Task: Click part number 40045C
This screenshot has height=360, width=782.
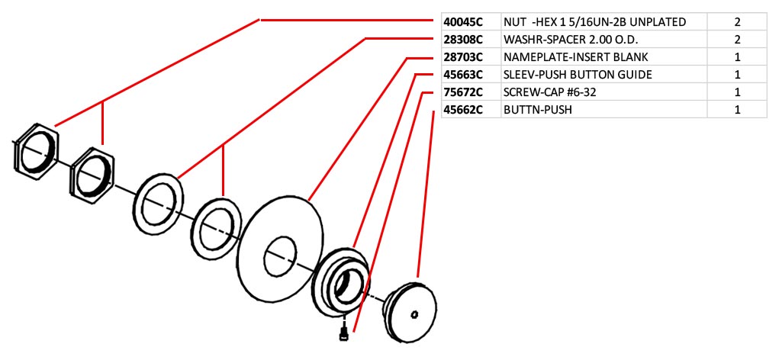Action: [x=463, y=22]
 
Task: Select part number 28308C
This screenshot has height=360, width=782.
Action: [x=463, y=40]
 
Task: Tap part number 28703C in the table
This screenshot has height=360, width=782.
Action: [x=463, y=57]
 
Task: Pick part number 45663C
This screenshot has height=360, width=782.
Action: [x=463, y=75]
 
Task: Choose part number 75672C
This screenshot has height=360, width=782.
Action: [x=463, y=92]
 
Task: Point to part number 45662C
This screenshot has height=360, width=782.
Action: [x=463, y=110]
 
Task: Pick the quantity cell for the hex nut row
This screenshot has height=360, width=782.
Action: [x=737, y=22]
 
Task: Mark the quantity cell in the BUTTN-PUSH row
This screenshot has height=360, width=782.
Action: [x=737, y=110]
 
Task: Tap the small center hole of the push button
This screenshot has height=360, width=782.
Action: [x=414, y=314]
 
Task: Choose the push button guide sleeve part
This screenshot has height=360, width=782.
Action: [x=341, y=280]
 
